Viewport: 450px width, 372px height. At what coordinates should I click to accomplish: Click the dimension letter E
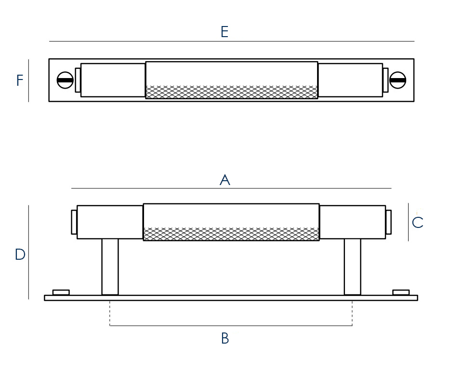pyautogui.click(x=224, y=32)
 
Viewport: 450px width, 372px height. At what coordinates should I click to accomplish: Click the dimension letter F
pyautogui.click(x=19, y=80)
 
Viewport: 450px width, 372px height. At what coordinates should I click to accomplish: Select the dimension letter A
pyautogui.click(x=225, y=180)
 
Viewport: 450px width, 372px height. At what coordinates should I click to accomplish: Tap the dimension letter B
pyautogui.click(x=225, y=339)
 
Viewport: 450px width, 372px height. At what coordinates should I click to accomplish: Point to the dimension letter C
pyautogui.click(x=418, y=223)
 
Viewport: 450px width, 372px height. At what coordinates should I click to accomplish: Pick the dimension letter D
pyautogui.click(x=20, y=254)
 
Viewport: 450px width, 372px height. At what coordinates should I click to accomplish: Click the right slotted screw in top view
pyautogui.click(x=397, y=80)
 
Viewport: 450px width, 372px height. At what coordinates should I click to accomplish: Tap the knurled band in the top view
pyautogui.click(x=231, y=92)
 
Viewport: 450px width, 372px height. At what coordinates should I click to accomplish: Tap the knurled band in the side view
pyautogui.click(x=231, y=234)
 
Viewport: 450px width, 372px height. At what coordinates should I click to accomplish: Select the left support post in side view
pyautogui.click(x=110, y=266)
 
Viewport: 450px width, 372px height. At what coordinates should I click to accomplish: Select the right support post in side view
pyautogui.click(x=352, y=266)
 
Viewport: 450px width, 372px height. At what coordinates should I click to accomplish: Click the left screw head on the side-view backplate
pyautogui.click(x=61, y=292)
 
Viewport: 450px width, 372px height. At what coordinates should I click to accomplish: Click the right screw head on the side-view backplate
pyautogui.click(x=401, y=292)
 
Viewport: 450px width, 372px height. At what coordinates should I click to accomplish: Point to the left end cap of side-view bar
pyautogui.click(x=74, y=222)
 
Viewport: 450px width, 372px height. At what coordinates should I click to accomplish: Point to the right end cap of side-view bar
pyautogui.click(x=388, y=222)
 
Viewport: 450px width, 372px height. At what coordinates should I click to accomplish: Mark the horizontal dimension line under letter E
pyautogui.click(x=231, y=41)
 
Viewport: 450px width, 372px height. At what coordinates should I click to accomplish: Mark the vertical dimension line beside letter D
pyautogui.click(x=28, y=252)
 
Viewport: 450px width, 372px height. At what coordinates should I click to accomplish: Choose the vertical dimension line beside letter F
pyautogui.click(x=28, y=80)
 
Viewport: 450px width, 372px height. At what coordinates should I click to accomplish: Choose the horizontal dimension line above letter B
pyautogui.click(x=231, y=326)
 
